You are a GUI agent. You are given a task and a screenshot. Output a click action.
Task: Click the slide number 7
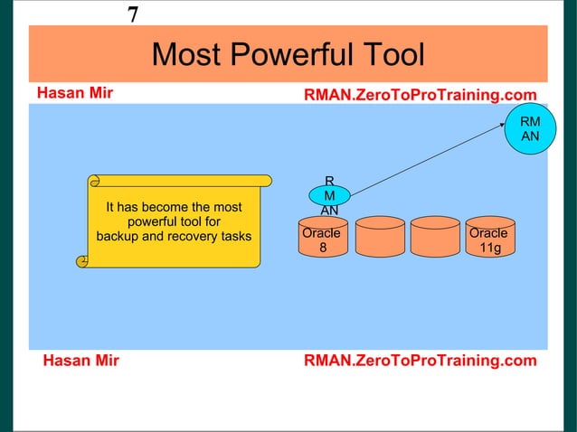pyautogui.click(x=133, y=14)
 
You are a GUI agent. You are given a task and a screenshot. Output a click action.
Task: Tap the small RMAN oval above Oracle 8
pyautogui.click(x=329, y=195)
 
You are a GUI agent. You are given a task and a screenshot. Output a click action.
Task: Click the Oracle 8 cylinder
pyautogui.click(x=321, y=240)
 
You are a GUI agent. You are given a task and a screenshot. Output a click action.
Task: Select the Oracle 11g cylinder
pyautogui.click(x=489, y=240)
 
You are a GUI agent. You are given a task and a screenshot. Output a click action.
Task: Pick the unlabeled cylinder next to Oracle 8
pyautogui.click(x=379, y=240)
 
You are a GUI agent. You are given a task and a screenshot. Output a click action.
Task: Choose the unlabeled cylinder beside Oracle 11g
pyautogui.click(x=435, y=240)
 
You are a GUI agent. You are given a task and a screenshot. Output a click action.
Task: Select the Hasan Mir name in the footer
pyautogui.click(x=80, y=362)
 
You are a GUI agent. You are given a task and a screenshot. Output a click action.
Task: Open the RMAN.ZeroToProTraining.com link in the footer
pyautogui.click(x=420, y=362)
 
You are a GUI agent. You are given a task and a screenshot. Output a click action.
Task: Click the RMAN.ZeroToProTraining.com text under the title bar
pyautogui.click(x=420, y=96)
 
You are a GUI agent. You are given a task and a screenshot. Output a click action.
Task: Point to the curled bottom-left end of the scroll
pyautogui.click(x=83, y=261)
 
